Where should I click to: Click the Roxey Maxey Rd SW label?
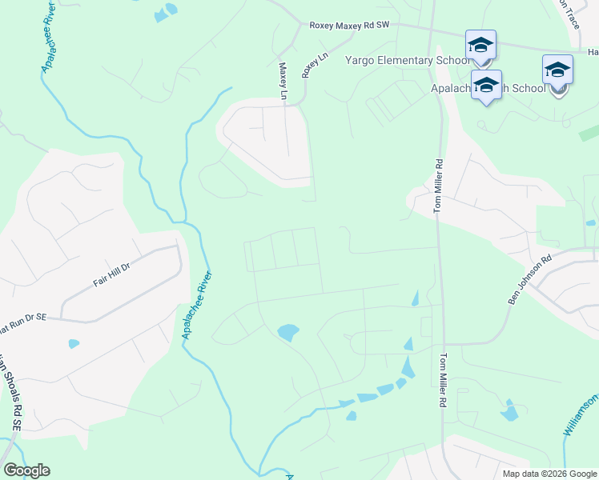point(348,26)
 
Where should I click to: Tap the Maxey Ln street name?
point(283,82)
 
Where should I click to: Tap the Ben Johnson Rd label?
point(530,279)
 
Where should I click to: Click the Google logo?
point(26,470)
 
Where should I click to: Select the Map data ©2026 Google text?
point(549,474)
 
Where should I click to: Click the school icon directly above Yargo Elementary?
point(480,45)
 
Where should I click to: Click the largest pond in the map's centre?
point(287,331)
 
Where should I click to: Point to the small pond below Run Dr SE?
point(74,344)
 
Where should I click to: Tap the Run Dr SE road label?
point(24,318)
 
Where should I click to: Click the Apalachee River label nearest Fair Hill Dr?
point(198,304)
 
